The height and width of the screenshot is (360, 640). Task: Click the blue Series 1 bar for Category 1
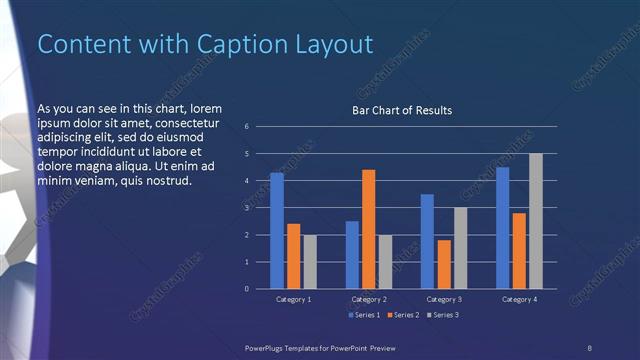(277, 231)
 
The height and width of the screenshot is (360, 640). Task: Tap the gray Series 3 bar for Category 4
(535, 221)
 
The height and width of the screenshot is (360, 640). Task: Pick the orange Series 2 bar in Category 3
(443, 264)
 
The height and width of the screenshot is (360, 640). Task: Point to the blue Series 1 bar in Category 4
(502, 228)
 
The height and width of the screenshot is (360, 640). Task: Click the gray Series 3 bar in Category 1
(309, 262)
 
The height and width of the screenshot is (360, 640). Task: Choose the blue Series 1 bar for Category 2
(352, 255)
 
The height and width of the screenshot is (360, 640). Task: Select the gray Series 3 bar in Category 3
(460, 248)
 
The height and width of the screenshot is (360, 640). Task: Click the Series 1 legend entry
(362, 315)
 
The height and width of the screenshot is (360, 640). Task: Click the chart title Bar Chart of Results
(402, 110)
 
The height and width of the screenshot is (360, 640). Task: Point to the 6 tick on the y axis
(247, 127)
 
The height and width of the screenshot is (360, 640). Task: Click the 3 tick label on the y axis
(247, 208)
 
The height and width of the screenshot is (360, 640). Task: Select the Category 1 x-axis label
(293, 299)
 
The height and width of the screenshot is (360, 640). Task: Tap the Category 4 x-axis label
(518, 299)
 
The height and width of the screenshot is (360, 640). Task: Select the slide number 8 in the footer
(589, 346)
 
